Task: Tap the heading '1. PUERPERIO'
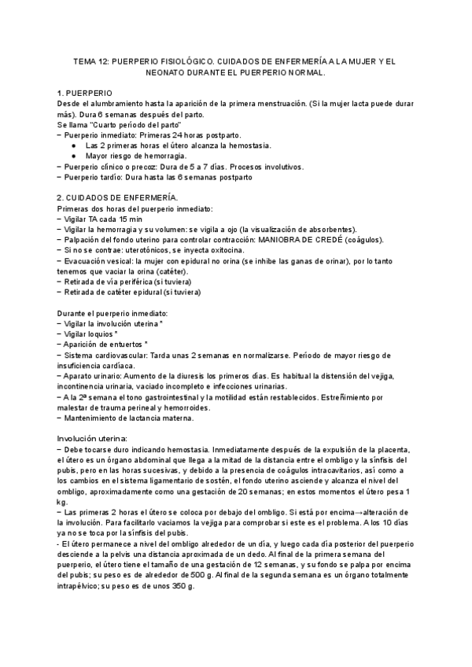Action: (85, 93)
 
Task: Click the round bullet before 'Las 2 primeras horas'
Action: (73, 146)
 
